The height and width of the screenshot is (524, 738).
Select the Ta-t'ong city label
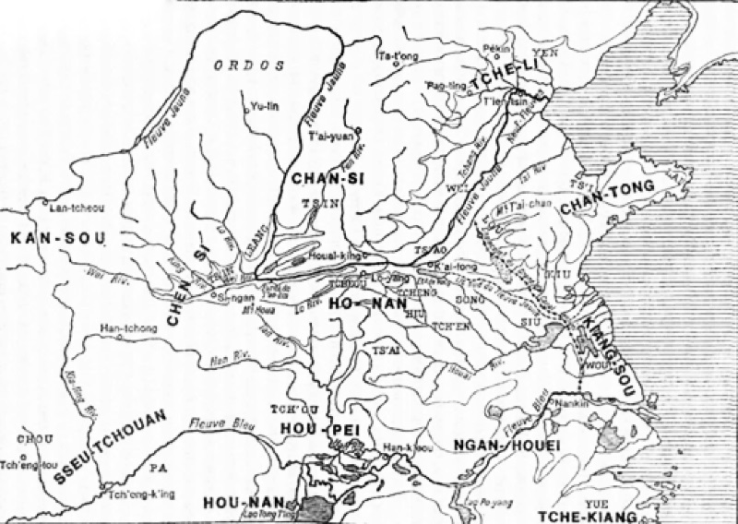point(393,56)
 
